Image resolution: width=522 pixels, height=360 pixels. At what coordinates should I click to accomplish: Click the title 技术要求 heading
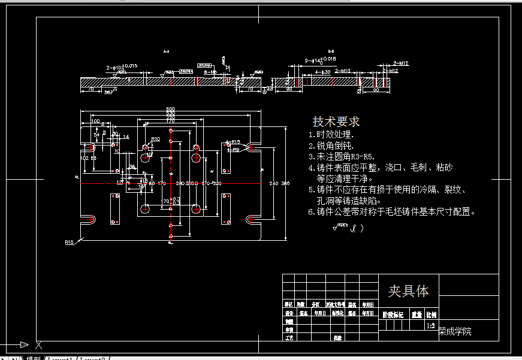[336, 122]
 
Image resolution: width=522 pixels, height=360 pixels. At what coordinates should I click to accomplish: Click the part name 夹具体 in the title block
[408, 291]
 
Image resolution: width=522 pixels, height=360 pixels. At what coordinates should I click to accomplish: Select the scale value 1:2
[430, 326]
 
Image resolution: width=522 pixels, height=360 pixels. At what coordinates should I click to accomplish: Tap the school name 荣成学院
[455, 331]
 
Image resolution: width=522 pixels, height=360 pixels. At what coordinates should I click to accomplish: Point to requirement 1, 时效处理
[331, 135]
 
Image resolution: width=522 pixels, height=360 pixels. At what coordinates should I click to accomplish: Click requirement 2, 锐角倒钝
[331, 146]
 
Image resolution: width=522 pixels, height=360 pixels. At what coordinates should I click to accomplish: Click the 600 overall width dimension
[171, 109]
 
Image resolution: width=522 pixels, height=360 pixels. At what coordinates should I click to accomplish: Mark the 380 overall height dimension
[285, 183]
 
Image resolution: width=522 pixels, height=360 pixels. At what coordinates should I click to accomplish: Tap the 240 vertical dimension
[274, 183]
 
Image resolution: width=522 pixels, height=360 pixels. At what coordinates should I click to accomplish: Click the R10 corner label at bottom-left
[70, 243]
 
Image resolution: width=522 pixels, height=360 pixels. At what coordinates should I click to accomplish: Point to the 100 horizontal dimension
[95, 121]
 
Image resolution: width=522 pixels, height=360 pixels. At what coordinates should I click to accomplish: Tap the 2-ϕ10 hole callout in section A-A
[122, 66]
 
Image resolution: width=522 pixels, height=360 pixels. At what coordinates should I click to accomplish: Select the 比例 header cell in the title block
[431, 314]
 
